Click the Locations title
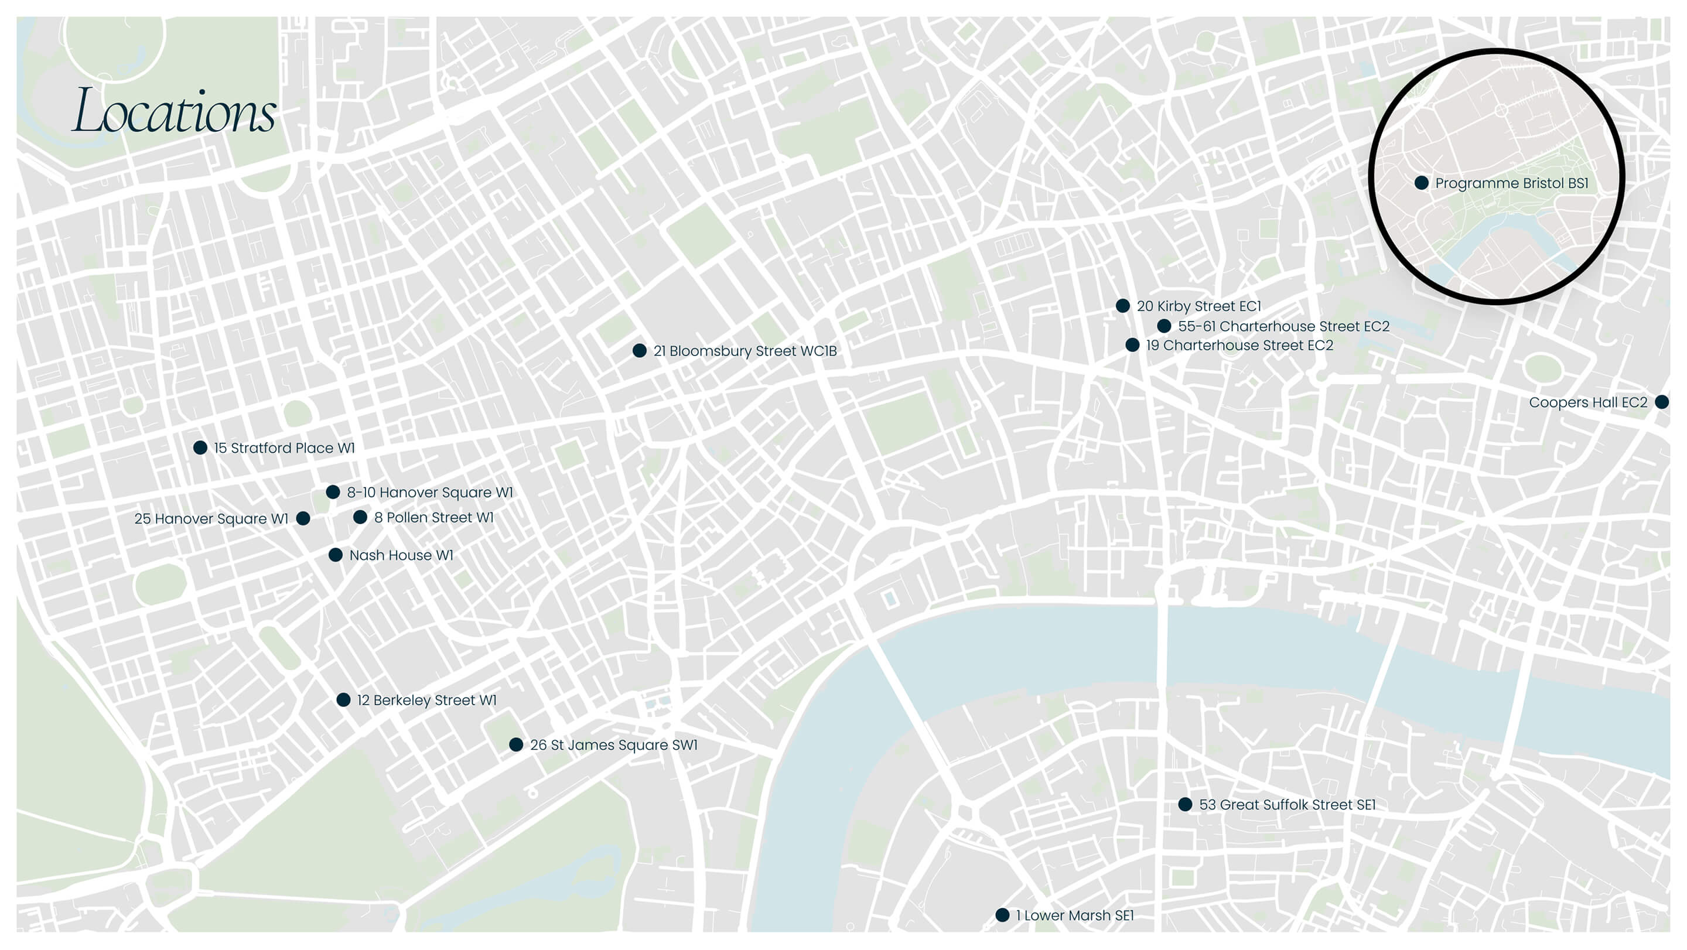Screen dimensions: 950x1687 (173, 111)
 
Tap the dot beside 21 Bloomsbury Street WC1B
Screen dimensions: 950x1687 (639, 351)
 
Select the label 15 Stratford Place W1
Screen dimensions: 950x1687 (284, 448)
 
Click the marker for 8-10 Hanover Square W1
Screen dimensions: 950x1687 (333, 492)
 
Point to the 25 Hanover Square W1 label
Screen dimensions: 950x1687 (211, 518)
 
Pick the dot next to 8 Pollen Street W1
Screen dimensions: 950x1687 (360, 517)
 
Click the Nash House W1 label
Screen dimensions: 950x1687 (401, 555)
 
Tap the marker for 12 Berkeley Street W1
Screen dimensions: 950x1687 (343, 700)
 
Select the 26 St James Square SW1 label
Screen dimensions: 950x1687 (614, 745)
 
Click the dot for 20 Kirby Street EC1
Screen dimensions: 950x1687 (1122, 306)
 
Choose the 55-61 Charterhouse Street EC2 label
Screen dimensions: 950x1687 (1283, 326)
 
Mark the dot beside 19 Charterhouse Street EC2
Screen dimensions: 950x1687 (1132, 345)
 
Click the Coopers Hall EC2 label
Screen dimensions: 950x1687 (1587, 402)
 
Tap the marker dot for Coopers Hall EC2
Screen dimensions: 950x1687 (1661, 402)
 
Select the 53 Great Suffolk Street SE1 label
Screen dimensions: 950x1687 (1287, 805)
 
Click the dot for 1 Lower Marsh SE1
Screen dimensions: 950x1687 (1002, 915)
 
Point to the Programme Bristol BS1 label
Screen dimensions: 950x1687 (1511, 183)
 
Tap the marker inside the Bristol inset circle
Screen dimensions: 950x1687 (1421, 183)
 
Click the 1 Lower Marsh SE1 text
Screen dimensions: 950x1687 (1075, 915)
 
